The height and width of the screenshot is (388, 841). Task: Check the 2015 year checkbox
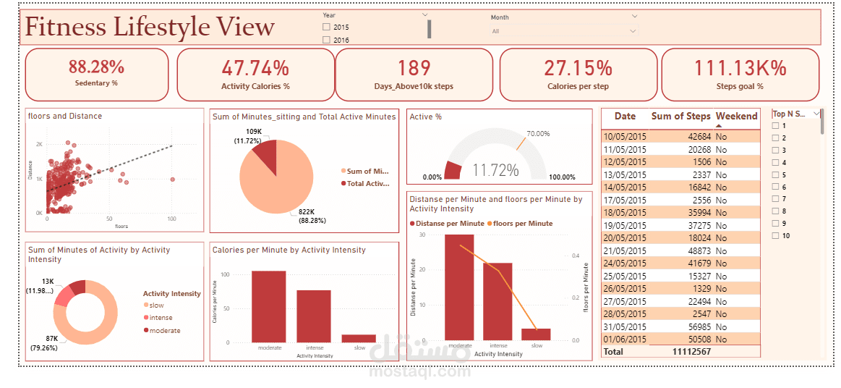coord(326,28)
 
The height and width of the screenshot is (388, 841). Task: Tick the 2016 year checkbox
coord(326,41)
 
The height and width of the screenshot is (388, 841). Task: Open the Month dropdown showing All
coord(563,31)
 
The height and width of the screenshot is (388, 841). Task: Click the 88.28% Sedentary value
coord(96,67)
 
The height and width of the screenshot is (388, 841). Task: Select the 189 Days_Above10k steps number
coord(414,68)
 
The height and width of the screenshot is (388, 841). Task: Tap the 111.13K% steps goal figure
coord(740,68)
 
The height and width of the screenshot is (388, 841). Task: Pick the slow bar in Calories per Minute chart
coord(359,338)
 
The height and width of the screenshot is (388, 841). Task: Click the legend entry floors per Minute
coord(522,224)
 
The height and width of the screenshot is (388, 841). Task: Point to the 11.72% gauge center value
coord(495,171)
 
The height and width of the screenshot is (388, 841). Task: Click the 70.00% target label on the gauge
coord(538,134)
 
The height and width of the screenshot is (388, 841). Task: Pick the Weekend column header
coord(736,117)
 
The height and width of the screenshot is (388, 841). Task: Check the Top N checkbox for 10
coord(776,236)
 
